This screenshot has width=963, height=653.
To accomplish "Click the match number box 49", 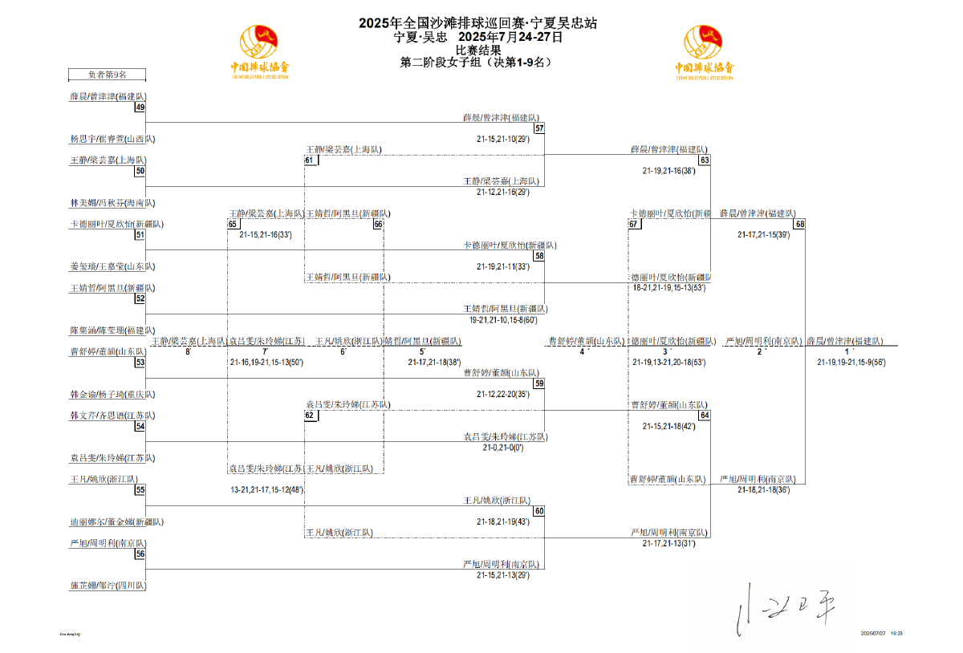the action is pyautogui.click(x=140, y=107).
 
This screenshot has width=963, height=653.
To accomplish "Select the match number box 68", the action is pyautogui.click(x=799, y=224).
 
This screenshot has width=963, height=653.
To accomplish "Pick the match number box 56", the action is pyautogui.click(x=140, y=554).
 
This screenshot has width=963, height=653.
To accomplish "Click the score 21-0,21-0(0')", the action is pyautogui.click(x=503, y=447).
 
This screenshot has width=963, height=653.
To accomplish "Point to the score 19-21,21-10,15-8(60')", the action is pyautogui.click(x=503, y=319).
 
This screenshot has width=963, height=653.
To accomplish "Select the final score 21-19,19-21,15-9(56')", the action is pyautogui.click(x=851, y=362).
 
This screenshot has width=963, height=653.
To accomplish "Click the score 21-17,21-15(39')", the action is pyautogui.click(x=763, y=235).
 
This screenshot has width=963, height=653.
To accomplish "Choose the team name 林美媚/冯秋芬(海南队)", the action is pyautogui.click(x=112, y=203).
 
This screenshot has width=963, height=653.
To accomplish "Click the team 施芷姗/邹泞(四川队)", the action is pyautogui.click(x=108, y=586).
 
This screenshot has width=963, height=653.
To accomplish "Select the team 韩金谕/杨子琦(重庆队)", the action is pyautogui.click(x=112, y=395).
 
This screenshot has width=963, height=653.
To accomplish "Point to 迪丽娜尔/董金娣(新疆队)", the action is pyautogui.click(x=116, y=522).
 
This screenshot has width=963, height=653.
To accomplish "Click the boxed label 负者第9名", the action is pyautogui.click(x=107, y=75).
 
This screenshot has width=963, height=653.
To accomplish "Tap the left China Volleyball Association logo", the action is pyautogui.click(x=259, y=52).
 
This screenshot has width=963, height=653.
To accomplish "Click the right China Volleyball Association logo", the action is pyautogui.click(x=704, y=52).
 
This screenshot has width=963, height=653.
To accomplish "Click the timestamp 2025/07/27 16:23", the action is pyautogui.click(x=882, y=634).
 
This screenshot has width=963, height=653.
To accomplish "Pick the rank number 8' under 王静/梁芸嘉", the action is pyautogui.click(x=188, y=351).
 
